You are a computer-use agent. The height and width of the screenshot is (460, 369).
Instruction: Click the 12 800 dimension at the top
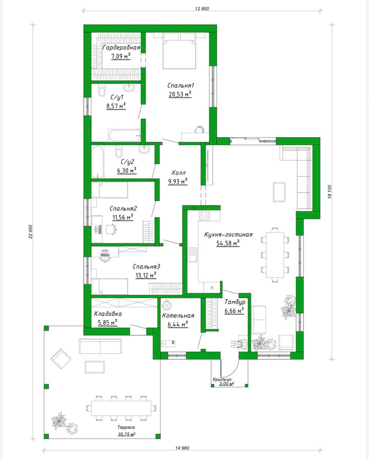202,9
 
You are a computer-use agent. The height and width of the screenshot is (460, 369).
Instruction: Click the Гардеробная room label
121,48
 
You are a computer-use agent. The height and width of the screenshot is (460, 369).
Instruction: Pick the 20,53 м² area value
180,94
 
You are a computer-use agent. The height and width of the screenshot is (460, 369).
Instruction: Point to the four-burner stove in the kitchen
204,215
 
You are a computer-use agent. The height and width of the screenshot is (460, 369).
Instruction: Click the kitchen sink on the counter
192,255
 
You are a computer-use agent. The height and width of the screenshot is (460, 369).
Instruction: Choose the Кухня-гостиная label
228,235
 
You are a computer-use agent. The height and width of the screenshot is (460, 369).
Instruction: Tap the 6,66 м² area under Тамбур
234,310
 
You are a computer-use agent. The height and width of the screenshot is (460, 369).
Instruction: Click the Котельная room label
178,316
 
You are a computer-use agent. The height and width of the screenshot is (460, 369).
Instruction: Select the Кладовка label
108,314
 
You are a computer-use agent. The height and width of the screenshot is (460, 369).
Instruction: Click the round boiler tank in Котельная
166,305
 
